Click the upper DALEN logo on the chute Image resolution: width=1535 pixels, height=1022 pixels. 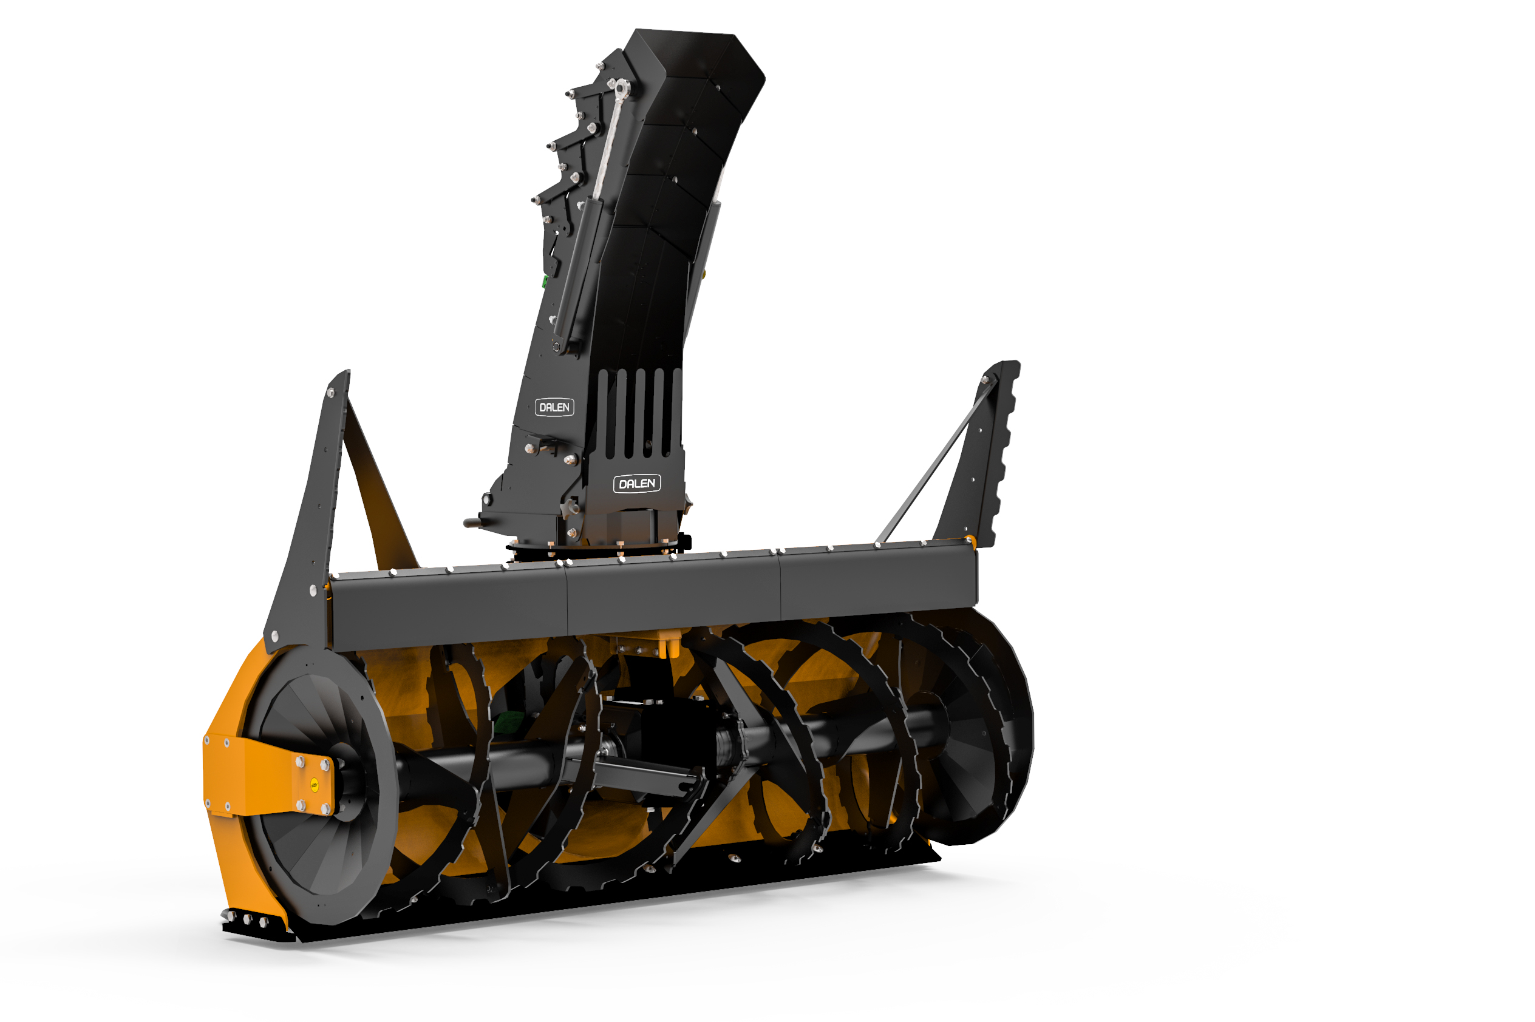[x=554, y=407]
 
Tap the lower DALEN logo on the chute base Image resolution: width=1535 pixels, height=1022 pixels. [x=636, y=484]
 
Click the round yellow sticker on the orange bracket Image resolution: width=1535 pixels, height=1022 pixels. [x=315, y=785]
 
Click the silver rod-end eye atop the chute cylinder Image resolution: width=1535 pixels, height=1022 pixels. [x=621, y=87]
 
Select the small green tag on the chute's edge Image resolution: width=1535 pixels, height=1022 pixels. [x=545, y=281]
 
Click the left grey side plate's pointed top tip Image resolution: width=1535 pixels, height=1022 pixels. [x=347, y=371]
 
